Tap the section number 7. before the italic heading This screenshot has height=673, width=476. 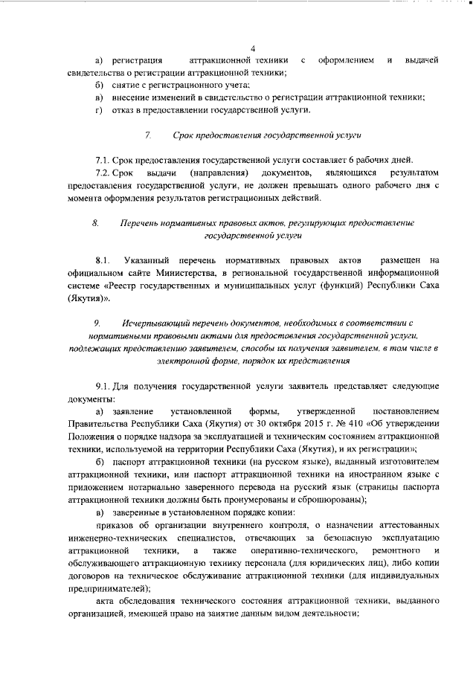click(x=147, y=135)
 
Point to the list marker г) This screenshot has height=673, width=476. click(x=97, y=110)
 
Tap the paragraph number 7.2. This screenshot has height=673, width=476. click(x=104, y=173)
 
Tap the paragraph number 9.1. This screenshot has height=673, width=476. click(x=103, y=387)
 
